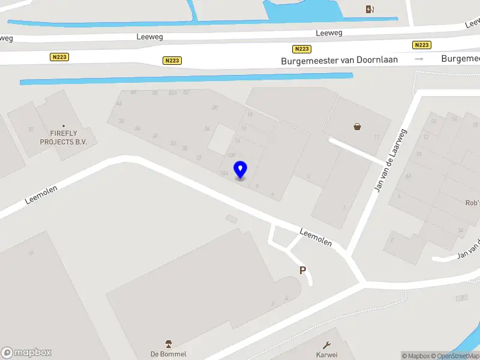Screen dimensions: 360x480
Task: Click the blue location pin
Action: [241, 170]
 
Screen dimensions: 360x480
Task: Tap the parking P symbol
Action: [303, 271]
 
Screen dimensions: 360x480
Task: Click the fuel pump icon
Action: [370, 8]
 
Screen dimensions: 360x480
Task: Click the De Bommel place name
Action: [169, 354]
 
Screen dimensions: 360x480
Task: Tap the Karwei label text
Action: [327, 355]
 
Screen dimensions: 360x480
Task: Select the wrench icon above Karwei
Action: [327, 345]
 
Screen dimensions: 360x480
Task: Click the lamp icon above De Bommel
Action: [169, 344]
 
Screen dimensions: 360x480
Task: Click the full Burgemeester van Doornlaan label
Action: [340, 60]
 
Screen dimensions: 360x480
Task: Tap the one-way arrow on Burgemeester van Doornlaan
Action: [419, 59]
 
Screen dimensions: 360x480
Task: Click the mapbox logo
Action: [26, 353]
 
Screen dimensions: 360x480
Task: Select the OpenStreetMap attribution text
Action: [458, 356]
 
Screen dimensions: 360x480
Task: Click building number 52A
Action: [173, 92]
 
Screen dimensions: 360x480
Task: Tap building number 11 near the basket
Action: [377, 137]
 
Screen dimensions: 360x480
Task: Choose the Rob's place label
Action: [472, 203]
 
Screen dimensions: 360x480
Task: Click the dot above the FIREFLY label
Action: [64, 126]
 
